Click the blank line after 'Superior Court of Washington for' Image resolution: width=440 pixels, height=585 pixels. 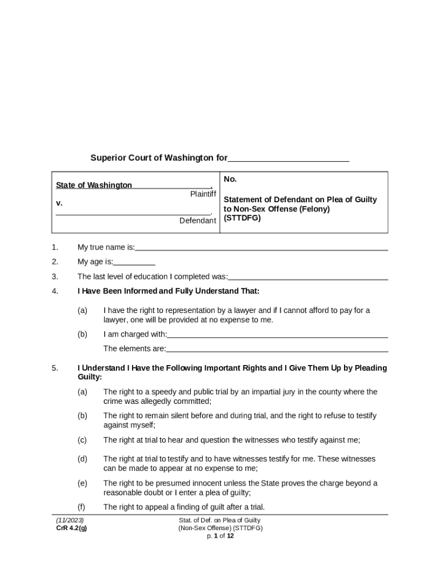click(289, 158)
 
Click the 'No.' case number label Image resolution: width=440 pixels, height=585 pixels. click(230, 179)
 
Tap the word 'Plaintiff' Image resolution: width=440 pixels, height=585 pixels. click(203, 194)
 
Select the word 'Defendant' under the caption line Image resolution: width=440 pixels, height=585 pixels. click(198, 221)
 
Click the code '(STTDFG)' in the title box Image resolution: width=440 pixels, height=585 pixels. click(242, 218)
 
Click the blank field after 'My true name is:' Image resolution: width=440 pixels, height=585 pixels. click(262, 247)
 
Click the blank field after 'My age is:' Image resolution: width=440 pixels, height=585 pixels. click(134, 262)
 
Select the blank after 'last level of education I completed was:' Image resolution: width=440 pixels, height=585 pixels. click(308, 277)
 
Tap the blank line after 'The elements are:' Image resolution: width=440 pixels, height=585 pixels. click(277, 349)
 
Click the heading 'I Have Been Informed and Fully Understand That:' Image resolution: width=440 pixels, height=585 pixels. click(169, 291)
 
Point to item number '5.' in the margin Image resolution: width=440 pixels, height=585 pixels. click(55, 368)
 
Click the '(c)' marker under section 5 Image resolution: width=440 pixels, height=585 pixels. click(82, 440)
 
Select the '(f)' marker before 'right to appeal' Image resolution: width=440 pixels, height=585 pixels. click(82, 507)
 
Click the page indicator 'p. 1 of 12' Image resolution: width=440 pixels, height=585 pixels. click(220, 536)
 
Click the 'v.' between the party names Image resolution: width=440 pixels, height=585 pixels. click(59, 203)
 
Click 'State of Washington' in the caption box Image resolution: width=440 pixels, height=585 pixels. click(94, 185)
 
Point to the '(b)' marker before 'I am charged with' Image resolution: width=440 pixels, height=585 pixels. click(82, 334)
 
